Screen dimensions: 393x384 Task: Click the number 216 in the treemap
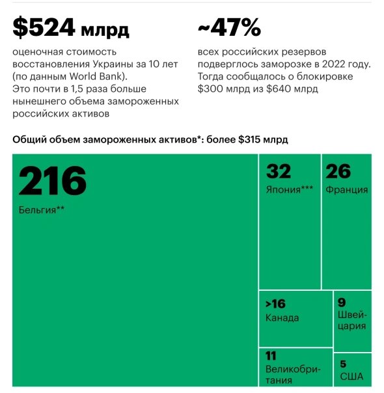coord(52,181)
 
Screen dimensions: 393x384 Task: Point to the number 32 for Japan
coord(279,171)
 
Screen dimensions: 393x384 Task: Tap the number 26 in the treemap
coord(338,171)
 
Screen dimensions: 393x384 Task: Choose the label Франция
coord(347,190)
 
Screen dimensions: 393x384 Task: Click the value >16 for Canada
coord(275,304)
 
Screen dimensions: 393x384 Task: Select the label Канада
coord(282,318)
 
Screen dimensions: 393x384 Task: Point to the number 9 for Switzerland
coord(342,302)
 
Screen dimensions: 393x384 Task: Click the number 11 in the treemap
coord(271,356)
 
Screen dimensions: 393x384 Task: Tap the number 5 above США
coord(343,364)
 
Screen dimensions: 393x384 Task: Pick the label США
coord(351,377)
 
